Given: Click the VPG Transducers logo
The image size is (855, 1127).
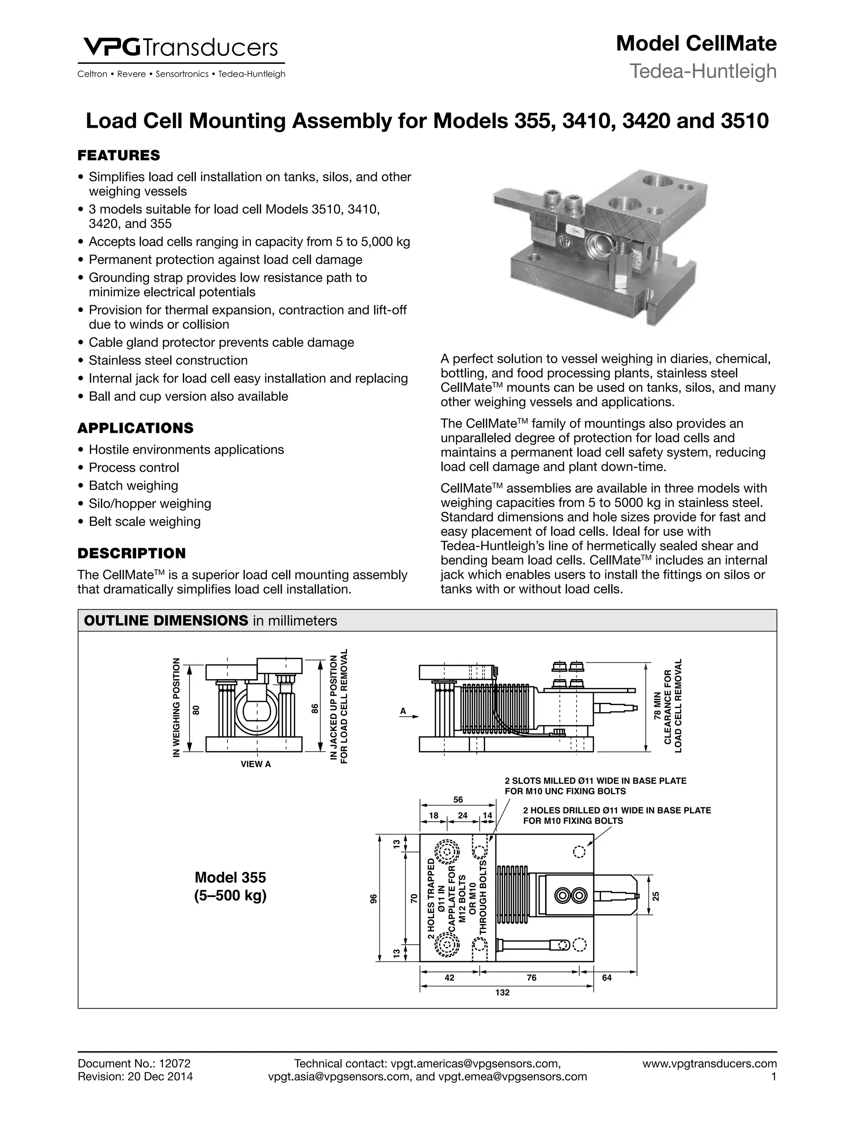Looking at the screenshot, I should pyautogui.click(x=180, y=48).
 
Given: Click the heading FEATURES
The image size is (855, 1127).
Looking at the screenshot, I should pyautogui.click(x=118, y=155).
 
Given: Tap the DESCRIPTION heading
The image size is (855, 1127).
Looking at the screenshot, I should pyautogui.click(x=132, y=553).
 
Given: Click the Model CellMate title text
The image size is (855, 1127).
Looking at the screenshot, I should pyautogui.click(x=696, y=44).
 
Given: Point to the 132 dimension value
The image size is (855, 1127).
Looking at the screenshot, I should pyautogui.click(x=502, y=993).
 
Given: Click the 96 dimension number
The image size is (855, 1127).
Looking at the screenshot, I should pyautogui.click(x=374, y=899).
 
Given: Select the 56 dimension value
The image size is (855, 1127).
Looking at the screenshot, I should pyautogui.click(x=458, y=800).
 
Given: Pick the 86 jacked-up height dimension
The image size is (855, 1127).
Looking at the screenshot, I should pyautogui.click(x=315, y=708).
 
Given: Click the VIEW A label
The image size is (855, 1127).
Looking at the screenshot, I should pyautogui.click(x=256, y=764).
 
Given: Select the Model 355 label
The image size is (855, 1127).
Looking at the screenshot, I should pyautogui.click(x=230, y=877).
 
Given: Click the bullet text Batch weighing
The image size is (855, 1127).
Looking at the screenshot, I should pyautogui.click(x=134, y=485).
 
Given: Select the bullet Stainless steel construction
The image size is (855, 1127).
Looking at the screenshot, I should pyautogui.click(x=168, y=360).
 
